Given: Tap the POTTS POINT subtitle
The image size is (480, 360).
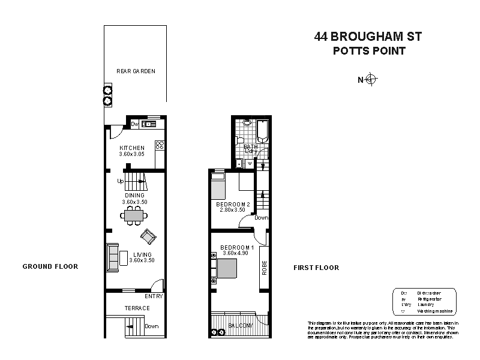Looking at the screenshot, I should (x=369, y=51).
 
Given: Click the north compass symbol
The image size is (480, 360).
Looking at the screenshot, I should (x=371, y=79).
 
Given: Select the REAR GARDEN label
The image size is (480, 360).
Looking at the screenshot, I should (x=136, y=71).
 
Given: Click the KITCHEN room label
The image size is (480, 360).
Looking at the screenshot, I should (x=132, y=148).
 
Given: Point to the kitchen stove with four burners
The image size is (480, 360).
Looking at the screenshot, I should (x=160, y=145).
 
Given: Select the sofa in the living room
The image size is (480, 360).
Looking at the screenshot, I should (x=112, y=258).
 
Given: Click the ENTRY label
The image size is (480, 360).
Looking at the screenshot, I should (x=154, y=296).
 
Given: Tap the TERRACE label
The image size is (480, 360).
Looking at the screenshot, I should (x=137, y=308).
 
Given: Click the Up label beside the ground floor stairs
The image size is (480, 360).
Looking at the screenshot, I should (x=121, y=181).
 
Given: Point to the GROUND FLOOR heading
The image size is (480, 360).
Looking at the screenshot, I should (x=50, y=266).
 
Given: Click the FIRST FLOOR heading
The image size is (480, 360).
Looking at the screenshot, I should (x=316, y=268).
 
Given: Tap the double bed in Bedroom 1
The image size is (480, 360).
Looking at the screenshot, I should (x=228, y=268).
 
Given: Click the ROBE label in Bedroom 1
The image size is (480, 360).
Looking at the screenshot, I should (x=264, y=266).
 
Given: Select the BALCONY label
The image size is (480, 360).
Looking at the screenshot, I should (x=240, y=326).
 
